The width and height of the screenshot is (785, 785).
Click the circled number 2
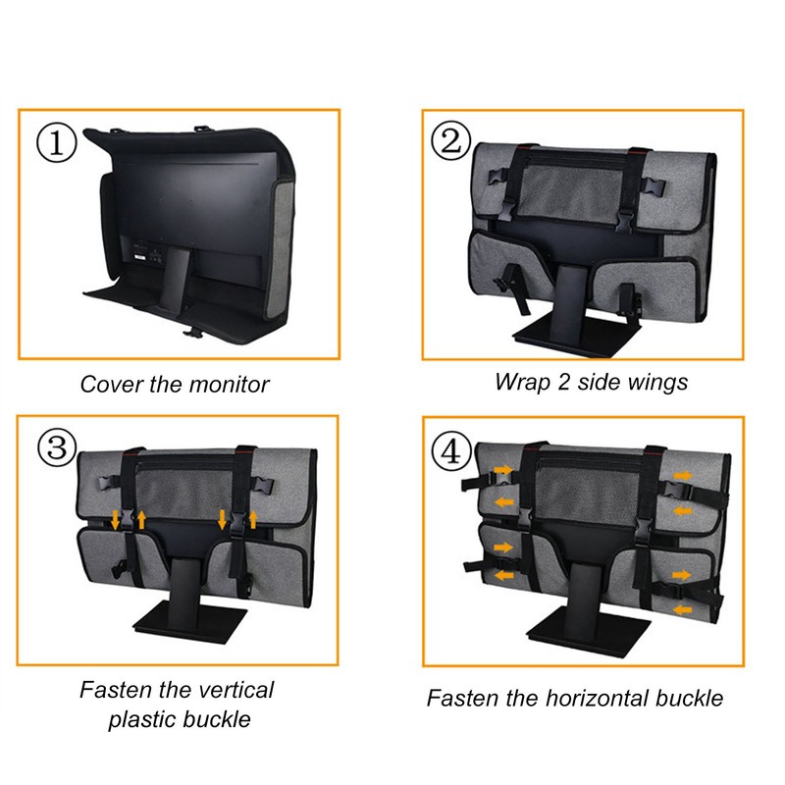(450, 143)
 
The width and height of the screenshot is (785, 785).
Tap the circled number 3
(58, 447)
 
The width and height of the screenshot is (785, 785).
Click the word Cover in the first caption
(110, 385)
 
